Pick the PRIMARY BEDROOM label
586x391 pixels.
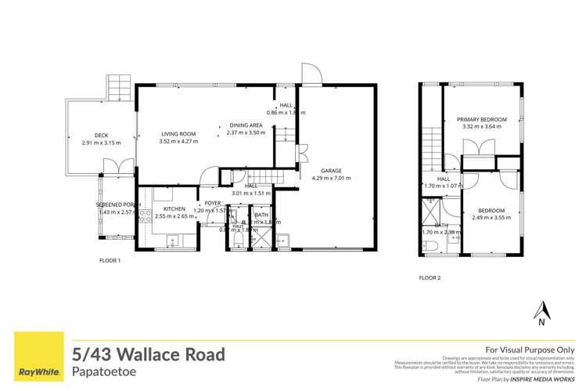click(482, 119)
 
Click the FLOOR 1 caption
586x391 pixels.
click(110, 260)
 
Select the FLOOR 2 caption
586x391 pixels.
click(430, 277)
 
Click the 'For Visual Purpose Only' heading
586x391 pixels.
click(530, 349)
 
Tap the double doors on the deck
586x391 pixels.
click(111, 166)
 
